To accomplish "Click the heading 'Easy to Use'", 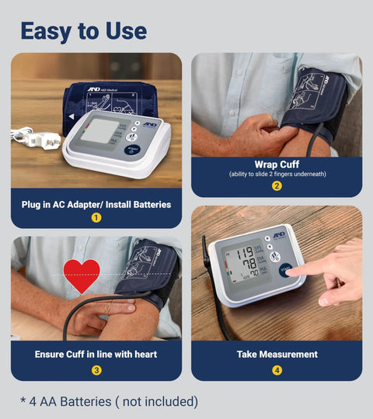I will coord(83,30).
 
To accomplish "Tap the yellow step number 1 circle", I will coord(96,217).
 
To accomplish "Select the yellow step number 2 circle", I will coord(277,185).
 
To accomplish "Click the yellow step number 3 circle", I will coord(96,370).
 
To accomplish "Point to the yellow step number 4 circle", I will coord(277,370).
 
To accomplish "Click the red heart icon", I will coord(82,275).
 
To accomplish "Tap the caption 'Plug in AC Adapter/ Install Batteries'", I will coord(96,205).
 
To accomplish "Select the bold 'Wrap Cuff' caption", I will coord(277,164).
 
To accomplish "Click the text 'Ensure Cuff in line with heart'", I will coord(96,354).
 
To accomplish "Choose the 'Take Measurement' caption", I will coord(277,354).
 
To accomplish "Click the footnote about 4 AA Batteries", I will coord(109,401).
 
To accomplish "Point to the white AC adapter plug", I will coord(39,139).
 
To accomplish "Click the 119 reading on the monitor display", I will coord(246,252).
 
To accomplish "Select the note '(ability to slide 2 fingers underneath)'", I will coord(277,175).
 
